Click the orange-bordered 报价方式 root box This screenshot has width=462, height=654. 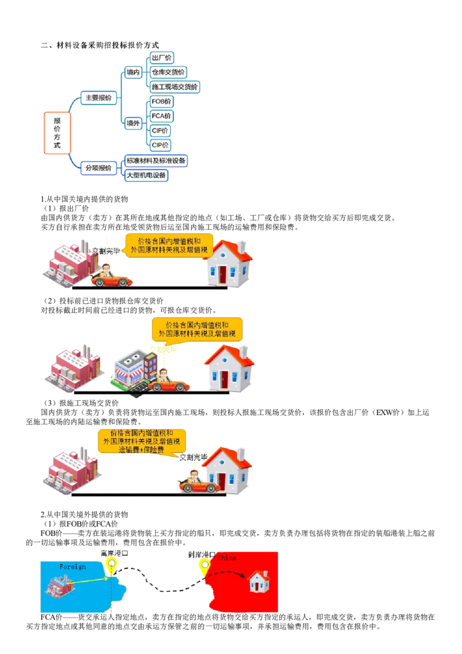pos(57,134)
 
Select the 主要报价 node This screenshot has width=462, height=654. pos(98,98)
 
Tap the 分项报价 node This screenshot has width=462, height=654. pos(98,168)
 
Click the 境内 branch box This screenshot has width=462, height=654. pos(133,72)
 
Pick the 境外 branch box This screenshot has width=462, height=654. pos(133,123)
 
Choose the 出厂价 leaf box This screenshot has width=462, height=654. pos(161,58)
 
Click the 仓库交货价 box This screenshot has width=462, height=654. pos(167,72)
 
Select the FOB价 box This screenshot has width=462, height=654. pos(161,101)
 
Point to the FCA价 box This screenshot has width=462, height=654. pos(161,116)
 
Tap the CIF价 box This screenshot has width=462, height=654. pos(160,131)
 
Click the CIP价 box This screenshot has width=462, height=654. pos(160,145)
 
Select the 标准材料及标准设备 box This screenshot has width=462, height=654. pos(156,161)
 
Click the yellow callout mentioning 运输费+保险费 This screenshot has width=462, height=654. pos(142,441)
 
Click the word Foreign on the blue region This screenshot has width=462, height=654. pos(73,567)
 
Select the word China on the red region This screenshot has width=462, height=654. pos(226,558)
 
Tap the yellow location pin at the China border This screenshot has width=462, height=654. pos(204,566)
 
